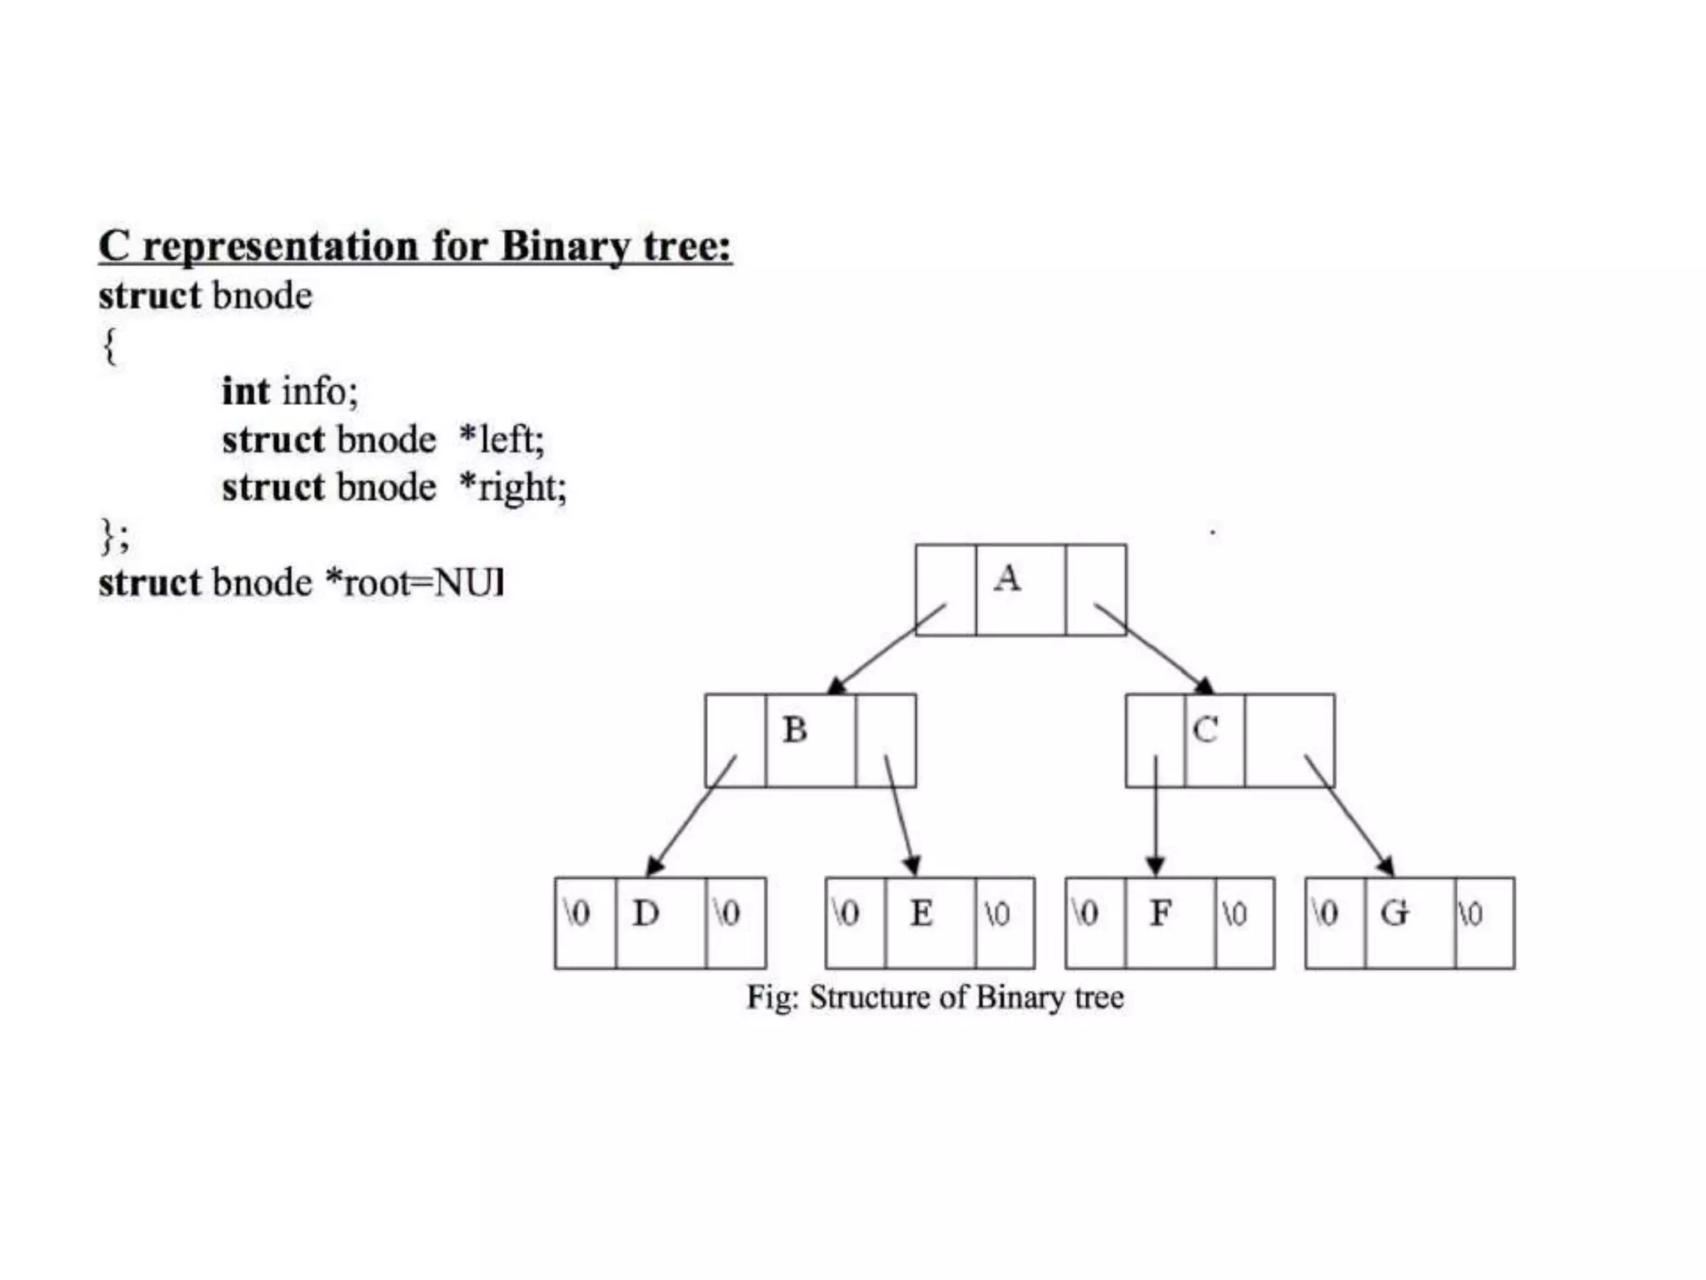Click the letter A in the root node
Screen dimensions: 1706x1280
pyautogui.click(x=1007, y=578)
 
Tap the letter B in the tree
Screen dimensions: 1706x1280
pyautogui.click(x=795, y=730)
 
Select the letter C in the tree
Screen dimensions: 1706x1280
pyautogui.click(x=1205, y=730)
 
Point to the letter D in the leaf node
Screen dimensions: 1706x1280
pyautogui.click(x=646, y=914)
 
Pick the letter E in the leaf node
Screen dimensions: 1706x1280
pyautogui.click(x=921, y=914)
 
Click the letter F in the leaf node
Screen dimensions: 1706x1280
pyautogui.click(x=1160, y=914)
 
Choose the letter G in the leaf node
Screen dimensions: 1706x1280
pyautogui.click(x=1394, y=914)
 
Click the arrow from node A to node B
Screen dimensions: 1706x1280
pyautogui.click(x=887, y=649)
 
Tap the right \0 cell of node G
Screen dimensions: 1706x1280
pyautogui.click(x=1484, y=922)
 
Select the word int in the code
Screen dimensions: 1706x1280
pyautogui.click(x=246, y=392)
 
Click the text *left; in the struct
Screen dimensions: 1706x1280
pyautogui.click(x=501, y=439)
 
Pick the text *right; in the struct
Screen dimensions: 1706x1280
pyautogui.click(x=512, y=488)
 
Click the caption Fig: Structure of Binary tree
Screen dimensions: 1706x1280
pyautogui.click(x=935, y=997)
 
